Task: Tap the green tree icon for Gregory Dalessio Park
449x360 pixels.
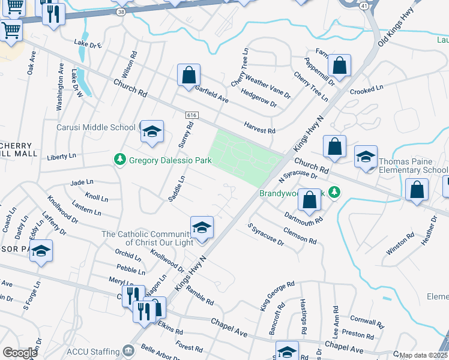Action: pyautogui.click(x=119, y=159)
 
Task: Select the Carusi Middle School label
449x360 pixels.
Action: pyautogui.click(x=96, y=127)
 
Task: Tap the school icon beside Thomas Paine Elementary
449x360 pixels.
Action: pyautogui.click(x=366, y=157)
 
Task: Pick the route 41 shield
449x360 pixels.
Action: pyautogui.click(x=364, y=5)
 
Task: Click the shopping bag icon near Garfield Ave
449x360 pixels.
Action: pyautogui.click(x=188, y=76)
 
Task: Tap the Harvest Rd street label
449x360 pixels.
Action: pyautogui.click(x=259, y=127)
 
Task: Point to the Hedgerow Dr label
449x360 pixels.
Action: pyautogui.click(x=258, y=98)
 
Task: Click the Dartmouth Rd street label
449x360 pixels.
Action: pyautogui.click(x=304, y=214)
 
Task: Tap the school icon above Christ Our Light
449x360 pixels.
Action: pyautogui.click(x=202, y=228)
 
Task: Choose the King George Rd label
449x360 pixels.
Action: pyautogui.click(x=277, y=296)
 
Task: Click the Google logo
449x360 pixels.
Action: pyautogui.click(x=20, y=353)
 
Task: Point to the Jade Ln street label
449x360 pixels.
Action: pyautogui.click(x=82, y=182)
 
